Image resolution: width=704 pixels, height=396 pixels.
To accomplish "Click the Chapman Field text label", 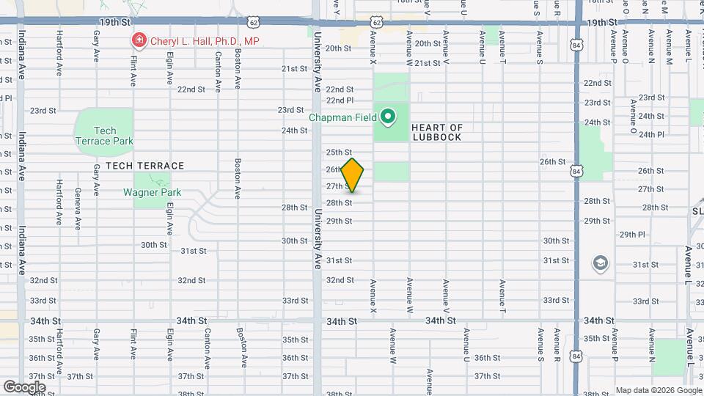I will (x=342, y=117).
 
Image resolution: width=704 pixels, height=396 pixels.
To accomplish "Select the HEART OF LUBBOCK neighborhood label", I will (x=437, y=132).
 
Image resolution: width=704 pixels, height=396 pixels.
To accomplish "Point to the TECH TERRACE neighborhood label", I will (x=144, y=166).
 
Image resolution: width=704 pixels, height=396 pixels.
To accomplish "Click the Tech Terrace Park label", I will (x=103, y=136).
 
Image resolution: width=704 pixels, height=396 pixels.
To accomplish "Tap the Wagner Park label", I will (x=152, y=193).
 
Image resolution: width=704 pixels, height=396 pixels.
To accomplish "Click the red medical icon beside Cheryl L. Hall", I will (x=136, y=41).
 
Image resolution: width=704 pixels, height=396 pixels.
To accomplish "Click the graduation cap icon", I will (x=600, y=263).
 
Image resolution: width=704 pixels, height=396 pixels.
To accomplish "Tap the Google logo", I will (x=24, y=386).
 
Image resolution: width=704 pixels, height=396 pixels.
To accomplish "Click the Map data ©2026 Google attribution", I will (x=658, y=390).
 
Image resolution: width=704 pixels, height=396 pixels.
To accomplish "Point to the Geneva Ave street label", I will (x=78, y=207).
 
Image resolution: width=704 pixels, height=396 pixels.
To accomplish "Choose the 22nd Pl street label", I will (x=340, y=100).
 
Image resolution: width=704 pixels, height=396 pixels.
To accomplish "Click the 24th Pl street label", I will (x=650, y=134).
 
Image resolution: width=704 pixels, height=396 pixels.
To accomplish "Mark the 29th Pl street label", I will (x=631, y=235).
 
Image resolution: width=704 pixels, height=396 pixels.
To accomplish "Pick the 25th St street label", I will (x=339, y=152).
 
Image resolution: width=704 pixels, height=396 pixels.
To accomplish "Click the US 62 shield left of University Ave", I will (x=252, y=23).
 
